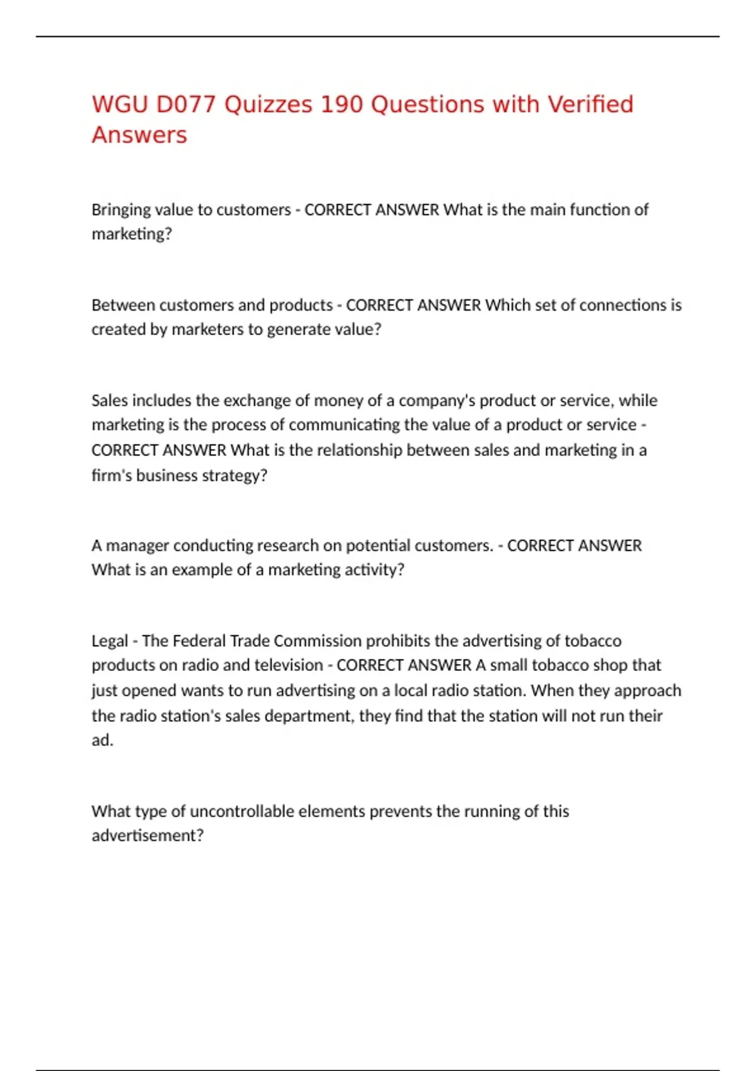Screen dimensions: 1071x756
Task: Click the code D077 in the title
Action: [x=186, y=105]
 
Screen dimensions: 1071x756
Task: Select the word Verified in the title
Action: [x=590, y=105]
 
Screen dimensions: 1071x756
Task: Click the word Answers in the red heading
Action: [x=139, y=135]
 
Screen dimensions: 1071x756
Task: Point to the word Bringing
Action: [x=121, y=210]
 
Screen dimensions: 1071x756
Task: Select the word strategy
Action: [x=234, y=476]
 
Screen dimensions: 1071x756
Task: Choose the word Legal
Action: [x=110, y=641]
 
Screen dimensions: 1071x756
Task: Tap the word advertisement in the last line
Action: [x=147, y=836]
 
